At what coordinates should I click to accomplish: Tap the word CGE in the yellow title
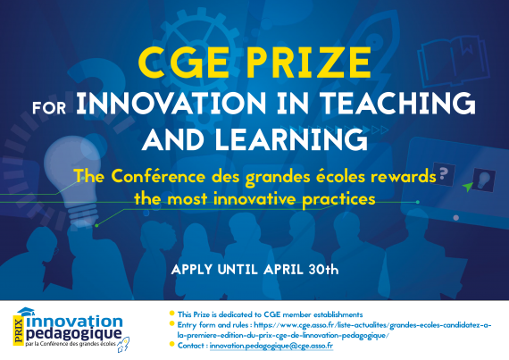pyautogui.click(x=183, y=63)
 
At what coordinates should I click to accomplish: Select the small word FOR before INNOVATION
pyautogui.click(x=49, y=108)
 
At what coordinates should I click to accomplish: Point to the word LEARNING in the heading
pyautogui.click(x=291, y=139)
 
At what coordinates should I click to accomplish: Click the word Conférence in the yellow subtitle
pyautogui.click(x=158, y=177)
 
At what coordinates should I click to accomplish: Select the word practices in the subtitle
pyautogui.click(x=338, y=199)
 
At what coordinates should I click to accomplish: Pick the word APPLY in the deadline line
pyautogui.click(x=192, y=270)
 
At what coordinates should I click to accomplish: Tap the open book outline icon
pyautogui.click(x=454, y=61)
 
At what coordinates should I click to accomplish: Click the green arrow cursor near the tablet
pyautogui.click(x=467, y=187)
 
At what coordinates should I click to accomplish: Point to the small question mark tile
pyautogui.click(x=444, y=174)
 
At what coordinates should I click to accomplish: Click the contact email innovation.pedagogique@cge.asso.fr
pyautogui.click(x=271, y=346)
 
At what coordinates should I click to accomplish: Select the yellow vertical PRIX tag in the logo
pyautogui.click(x=19, y=331)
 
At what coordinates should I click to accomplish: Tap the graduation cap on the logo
pyautogui.click(x=26, y=312)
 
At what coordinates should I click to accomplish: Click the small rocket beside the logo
pyautogui.click(x=123, y=345)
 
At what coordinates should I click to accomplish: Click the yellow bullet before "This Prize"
pyautogui.click(x=172, y=314)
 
